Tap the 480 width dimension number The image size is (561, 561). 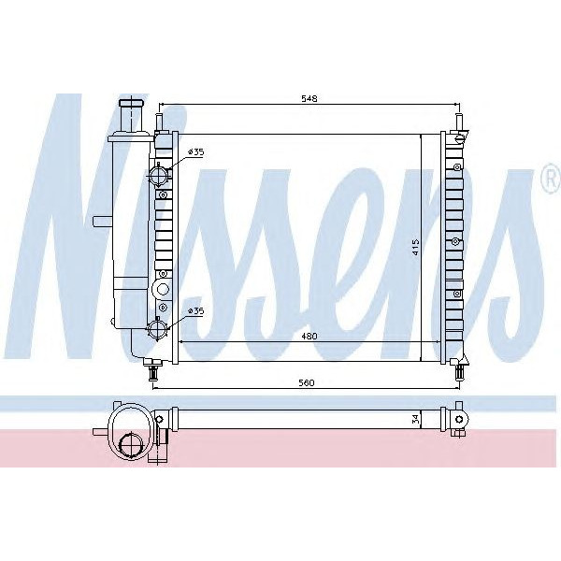[x=309, y=336]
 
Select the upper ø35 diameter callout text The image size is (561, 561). [x=196, y=151]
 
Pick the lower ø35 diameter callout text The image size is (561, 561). [x=196, y=309]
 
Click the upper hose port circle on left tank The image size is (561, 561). [x=161, y=174]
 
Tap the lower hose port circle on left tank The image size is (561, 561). [x=161, y=329]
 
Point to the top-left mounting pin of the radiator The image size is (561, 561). [x=160, y=122]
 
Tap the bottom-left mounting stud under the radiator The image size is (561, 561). [x=152, y=372]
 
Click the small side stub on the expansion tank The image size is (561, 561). [x=100, y=220]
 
